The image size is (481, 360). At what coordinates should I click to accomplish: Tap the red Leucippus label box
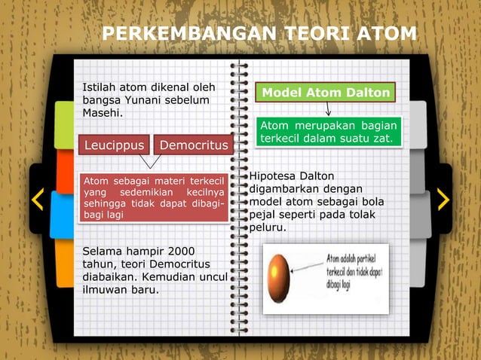click(x=114, y=145)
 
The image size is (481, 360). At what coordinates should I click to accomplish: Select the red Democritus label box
click(x=191, y=145)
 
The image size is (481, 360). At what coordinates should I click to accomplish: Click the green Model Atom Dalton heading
click(x=326, y=93)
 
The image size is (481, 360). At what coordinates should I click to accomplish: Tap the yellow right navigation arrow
click(x=443, y=199)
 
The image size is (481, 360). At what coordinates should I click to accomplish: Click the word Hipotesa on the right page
click(x=274, y=175)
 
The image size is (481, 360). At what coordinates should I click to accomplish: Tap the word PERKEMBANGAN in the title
click(x=182, y=34)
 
